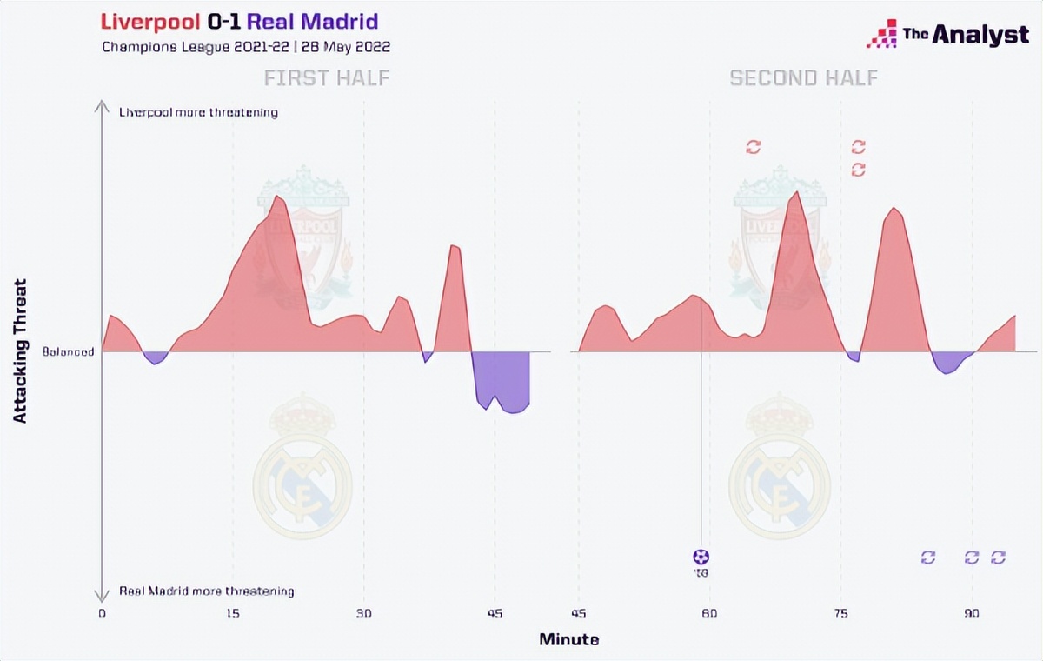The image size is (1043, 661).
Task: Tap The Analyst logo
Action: pyautogui.click(x=947, y=35)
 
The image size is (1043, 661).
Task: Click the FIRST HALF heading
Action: pyautogui.click(x=327, y=78)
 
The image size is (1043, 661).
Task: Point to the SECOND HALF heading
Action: pyautogui.click(x=804, y=78)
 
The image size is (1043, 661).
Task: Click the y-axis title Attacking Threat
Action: pyautogui.click(x=21, y=351)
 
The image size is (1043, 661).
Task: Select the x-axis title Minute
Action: pyautogui.click(x=569, y=639)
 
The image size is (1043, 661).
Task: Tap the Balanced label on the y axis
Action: pyautogui.click(x=69, y=352)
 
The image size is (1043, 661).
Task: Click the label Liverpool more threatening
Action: pyautogui.click(x=198, y=112)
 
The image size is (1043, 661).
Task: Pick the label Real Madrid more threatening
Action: pyautogui.click(x=207, y=591)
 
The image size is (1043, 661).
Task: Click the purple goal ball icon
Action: pyautogui.click(x=701, y=557)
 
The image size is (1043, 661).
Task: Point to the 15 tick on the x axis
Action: pyautogui.click(x=233, y=613)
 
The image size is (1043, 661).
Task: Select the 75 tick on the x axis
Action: pyautogui.click(x=840, y=613)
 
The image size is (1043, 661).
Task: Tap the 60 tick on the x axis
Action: pyautogui.click(x=710, y=613)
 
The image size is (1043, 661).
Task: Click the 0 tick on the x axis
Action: pyautogui.click(x=103, y=613)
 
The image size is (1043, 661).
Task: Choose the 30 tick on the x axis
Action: pyautogui.click(x=363, y=613)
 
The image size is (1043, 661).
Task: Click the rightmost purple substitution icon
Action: pyautogui.click(x=998, y=558)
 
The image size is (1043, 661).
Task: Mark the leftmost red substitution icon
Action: pyautogui.click(x=754, y=147)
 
